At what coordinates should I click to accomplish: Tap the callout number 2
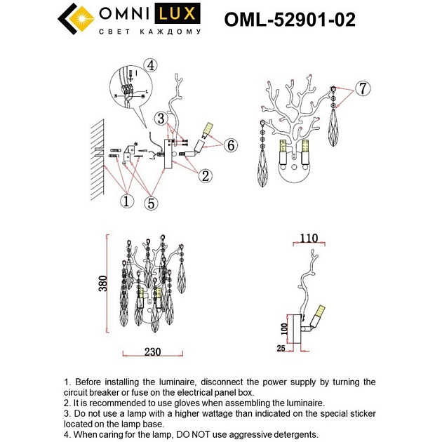(x=205, y=176)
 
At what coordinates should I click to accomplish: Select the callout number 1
(x=126, y=201)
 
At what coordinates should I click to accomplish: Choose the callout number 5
(x=152, y=203)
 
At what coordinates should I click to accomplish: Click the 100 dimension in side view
(x=284, y=327)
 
